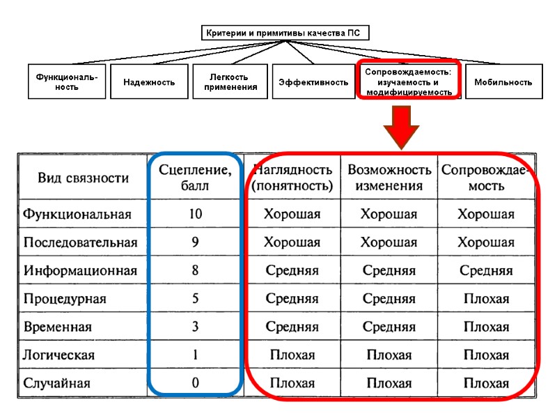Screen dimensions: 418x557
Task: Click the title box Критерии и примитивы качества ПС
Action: point(285,33)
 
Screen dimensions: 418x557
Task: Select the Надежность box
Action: point(149,82)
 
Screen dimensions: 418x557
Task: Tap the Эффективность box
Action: point(313,82)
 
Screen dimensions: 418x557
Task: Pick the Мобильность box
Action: point(503,82)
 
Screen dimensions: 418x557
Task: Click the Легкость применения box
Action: point(229,82)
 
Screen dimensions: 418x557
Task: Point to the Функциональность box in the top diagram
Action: point(67,82)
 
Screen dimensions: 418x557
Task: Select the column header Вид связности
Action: point(84,178)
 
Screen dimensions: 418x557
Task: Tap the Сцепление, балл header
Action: point(195,178)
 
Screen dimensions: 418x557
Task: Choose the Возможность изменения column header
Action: point(389,178)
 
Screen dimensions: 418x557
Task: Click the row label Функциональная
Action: point(77,214)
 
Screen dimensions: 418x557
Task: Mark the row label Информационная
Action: point(80,270)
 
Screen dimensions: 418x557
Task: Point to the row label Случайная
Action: point(56,383)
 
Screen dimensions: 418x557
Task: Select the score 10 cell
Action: point(195,214)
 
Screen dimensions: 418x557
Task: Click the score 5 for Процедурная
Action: point(195,299)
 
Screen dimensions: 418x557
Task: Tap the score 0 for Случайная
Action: point(195,383)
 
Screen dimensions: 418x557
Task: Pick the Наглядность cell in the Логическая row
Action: point(292,355)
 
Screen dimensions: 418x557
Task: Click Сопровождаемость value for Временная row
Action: point(486,327)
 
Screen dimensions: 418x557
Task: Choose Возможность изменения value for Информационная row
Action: point(389,270)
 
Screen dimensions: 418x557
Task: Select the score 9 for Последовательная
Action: point(195,242)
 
